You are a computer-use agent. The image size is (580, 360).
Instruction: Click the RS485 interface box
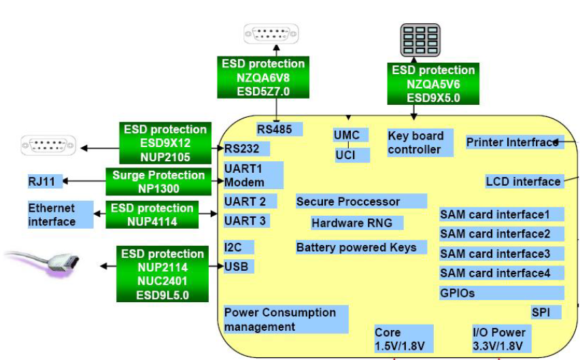(x=279, y=129)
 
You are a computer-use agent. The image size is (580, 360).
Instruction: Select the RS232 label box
(x=246, y=148)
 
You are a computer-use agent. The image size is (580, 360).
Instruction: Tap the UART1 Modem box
(x=253, y=176)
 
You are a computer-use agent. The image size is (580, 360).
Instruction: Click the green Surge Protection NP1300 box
(x=158, y=181)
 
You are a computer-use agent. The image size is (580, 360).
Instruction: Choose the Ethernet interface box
(x=61, y=214)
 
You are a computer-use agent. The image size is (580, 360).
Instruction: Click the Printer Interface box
(x=514, y=142)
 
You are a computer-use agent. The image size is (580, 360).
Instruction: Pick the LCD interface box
(x=524, y=181)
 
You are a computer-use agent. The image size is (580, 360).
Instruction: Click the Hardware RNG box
(x=356, y=223)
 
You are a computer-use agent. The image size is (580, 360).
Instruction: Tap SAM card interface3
(x=501, y=254)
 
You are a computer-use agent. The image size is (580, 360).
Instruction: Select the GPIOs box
(x=501, y=293)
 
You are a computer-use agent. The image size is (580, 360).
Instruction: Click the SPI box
(x=546, y=312)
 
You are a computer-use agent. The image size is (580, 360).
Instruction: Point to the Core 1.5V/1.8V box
(x=400, y=340)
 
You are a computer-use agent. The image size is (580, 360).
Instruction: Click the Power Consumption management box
(x=286, y=319)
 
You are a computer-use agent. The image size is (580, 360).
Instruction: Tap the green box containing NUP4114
(x=152, y=214)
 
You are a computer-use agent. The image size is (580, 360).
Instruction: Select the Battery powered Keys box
(x=360, y=247)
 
